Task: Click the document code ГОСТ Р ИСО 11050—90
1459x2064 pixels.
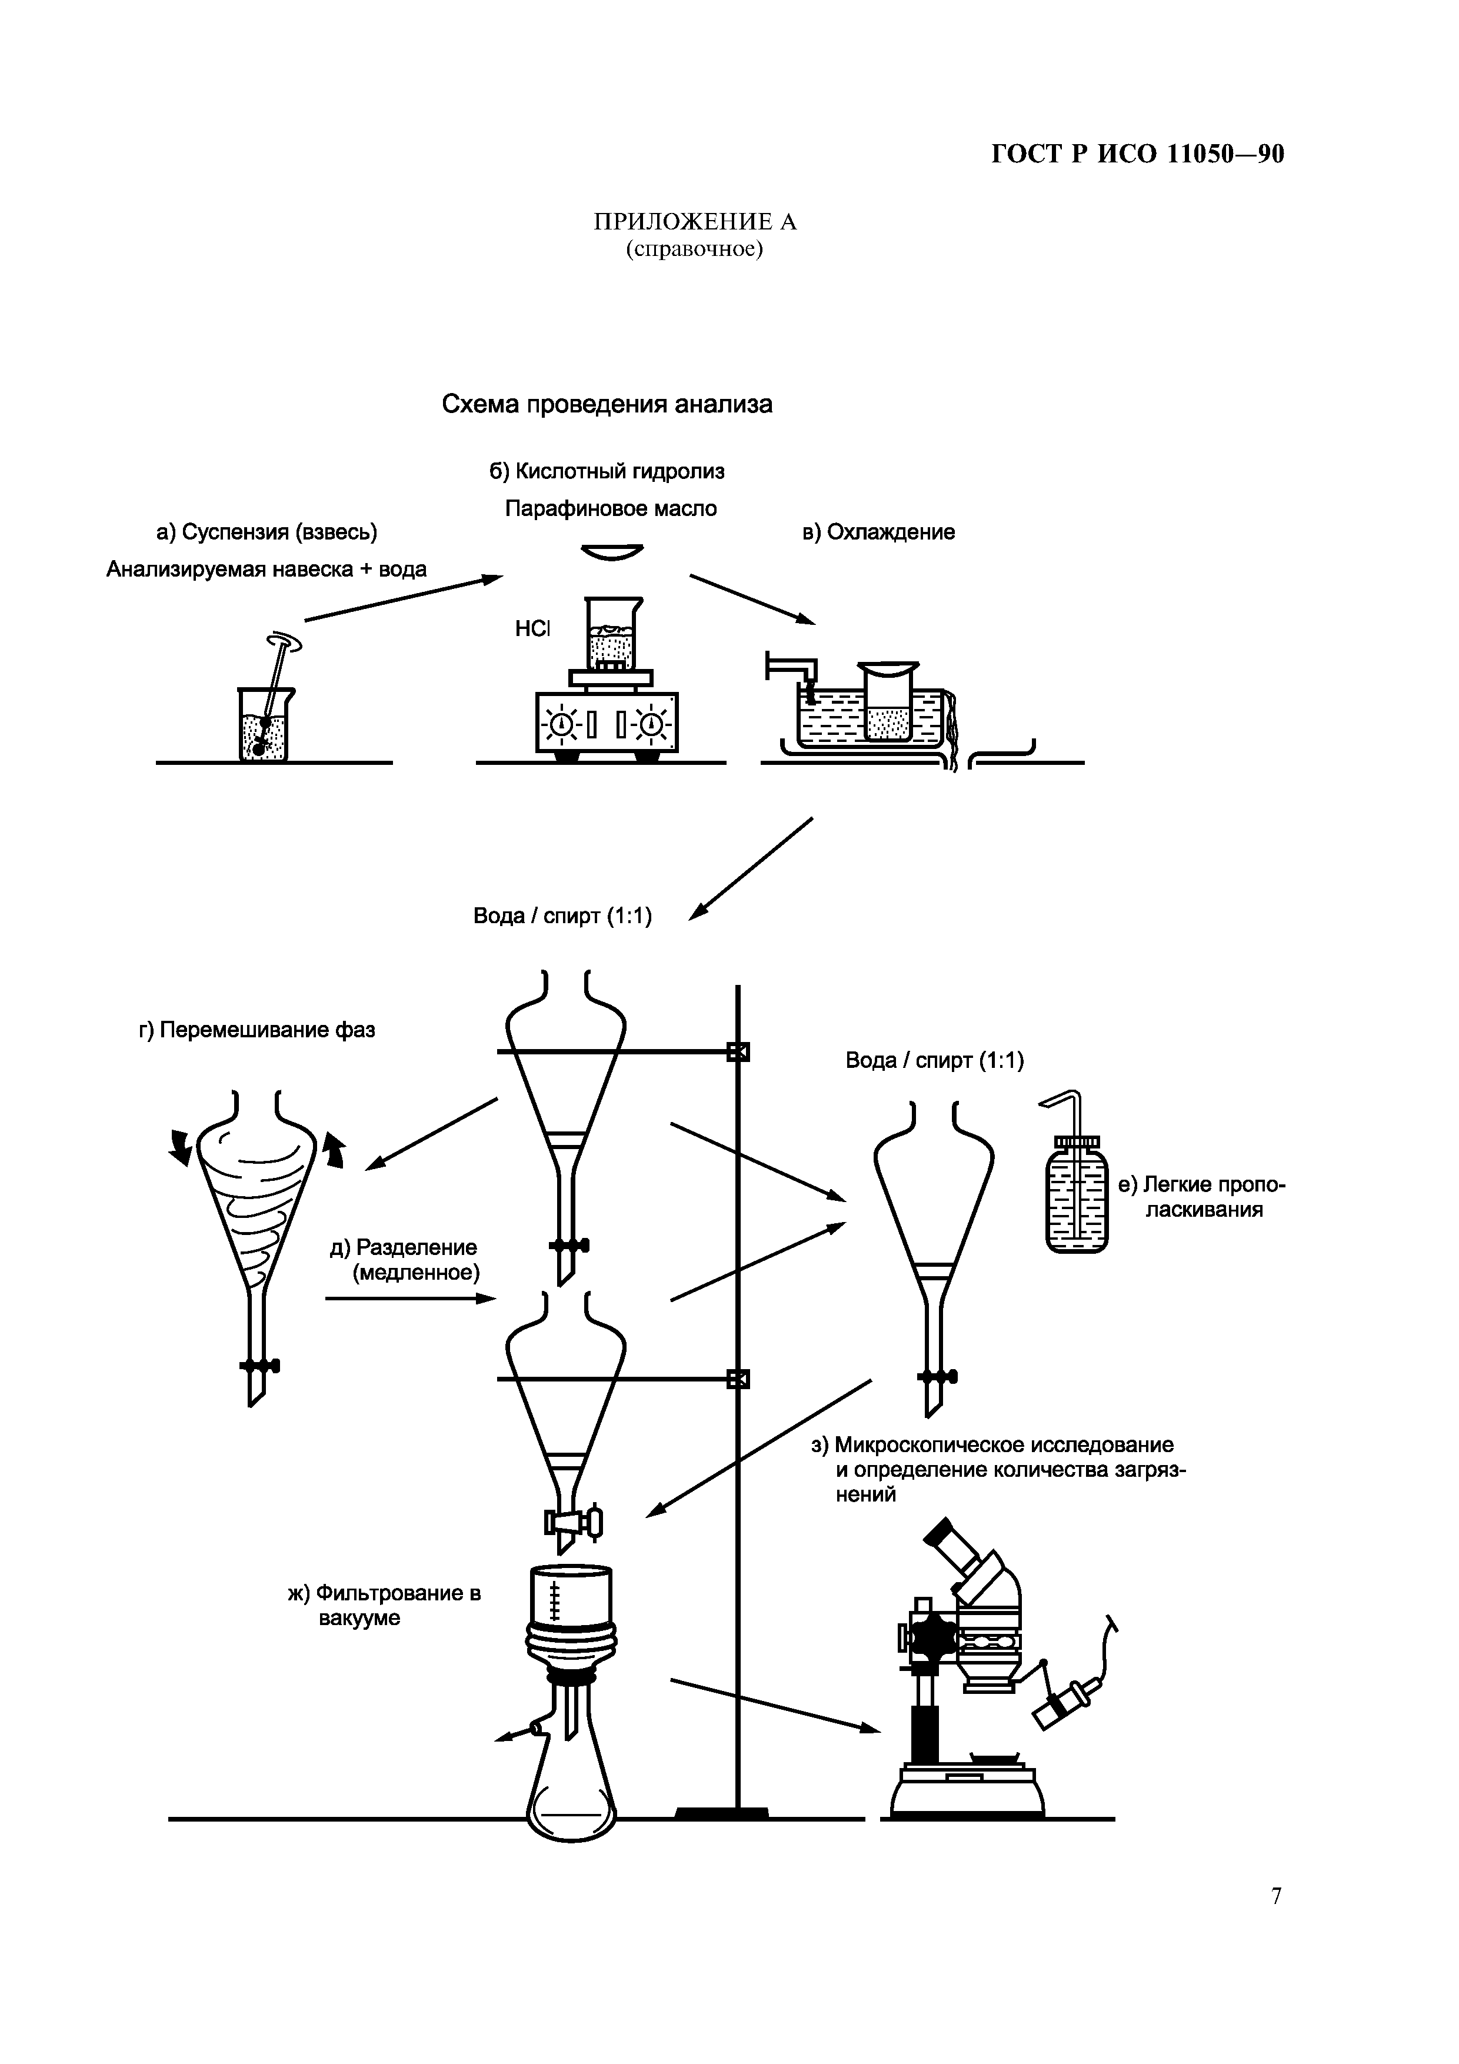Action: click(1137, 155)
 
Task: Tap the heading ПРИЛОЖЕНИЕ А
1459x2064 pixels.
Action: click(694, 221)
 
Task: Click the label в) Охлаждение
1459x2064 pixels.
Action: click(878, 532)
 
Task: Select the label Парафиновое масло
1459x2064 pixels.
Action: click(611, 509)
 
